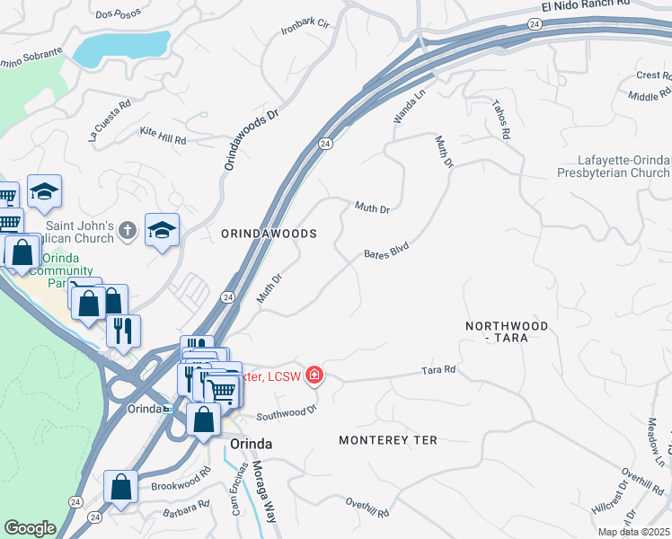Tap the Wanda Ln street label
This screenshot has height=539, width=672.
point(408,106)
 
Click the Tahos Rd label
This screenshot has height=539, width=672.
point(500,119)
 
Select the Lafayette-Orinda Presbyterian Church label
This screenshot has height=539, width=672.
point(613,166)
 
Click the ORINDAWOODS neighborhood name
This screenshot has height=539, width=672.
point(270,234)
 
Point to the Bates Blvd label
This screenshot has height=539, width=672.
point(386,254)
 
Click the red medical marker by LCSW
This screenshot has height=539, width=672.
point(314,376)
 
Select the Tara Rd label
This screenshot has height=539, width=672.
point(438,370)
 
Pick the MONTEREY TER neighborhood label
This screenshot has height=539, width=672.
point(387,440)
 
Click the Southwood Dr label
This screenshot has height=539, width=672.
point(287,412)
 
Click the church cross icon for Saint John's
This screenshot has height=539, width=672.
point(128,230)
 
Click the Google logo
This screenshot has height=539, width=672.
point(30,528)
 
